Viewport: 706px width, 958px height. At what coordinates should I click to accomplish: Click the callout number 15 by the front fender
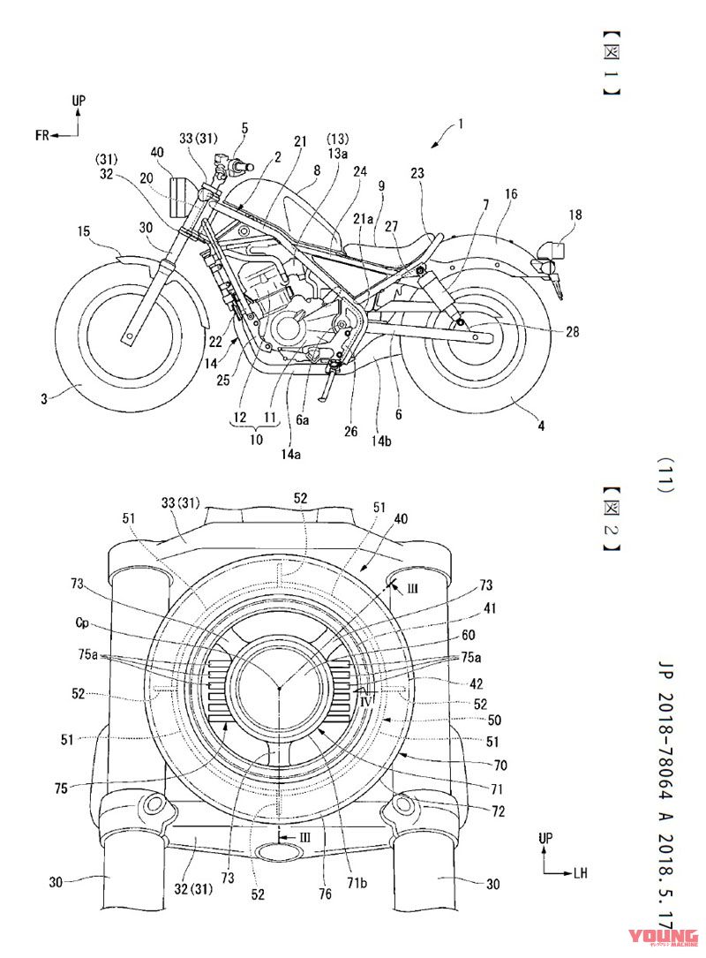pyautogui.click(x=83, y=232)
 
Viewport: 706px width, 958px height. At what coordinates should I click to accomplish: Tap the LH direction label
pyautogui.click(x=580, y=873)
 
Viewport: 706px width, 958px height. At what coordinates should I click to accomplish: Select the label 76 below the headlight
pyautogui.click(x=324, y=894)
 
